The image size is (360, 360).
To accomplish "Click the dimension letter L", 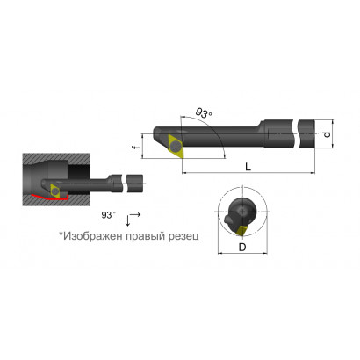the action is [x=248, y=167].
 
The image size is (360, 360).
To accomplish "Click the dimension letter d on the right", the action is [x=328, y=134].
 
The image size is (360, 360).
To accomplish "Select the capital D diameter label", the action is [x=242, y=248].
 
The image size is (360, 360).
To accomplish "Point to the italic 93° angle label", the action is [x=204, y=113].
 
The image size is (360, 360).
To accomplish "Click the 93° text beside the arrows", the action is [x=108, y=215].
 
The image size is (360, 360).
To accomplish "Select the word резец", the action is [x=184, y=236].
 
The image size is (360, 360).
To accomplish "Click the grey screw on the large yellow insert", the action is [x=176, y=146].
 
